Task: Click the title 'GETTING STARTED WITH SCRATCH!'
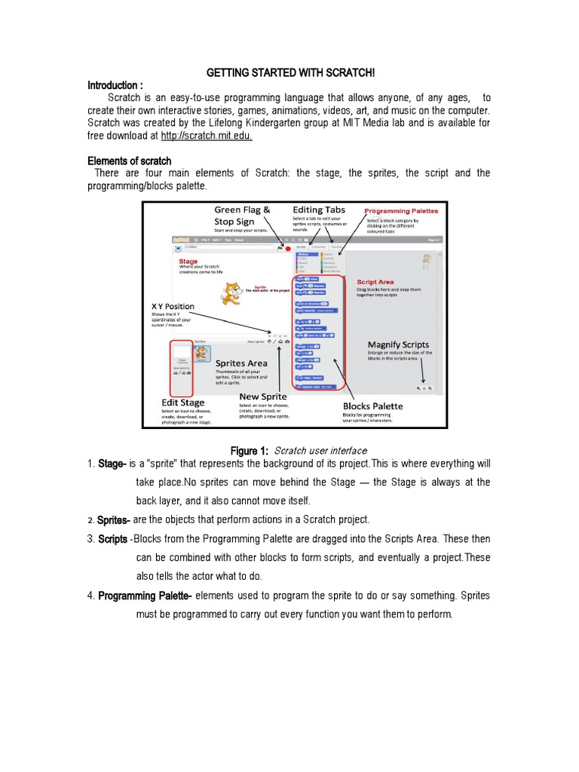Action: (290, 72)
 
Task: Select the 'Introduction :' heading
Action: (115, 84)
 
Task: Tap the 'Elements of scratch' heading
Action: (130, 161)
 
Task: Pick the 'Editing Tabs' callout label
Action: (319, 210)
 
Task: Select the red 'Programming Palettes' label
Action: (400, 211)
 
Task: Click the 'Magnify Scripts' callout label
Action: (398, 345)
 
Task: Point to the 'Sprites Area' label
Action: (241, 363)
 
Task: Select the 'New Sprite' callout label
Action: (263, 397)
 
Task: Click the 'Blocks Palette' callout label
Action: (372, 406)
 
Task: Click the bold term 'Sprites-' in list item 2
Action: (114, 520)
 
